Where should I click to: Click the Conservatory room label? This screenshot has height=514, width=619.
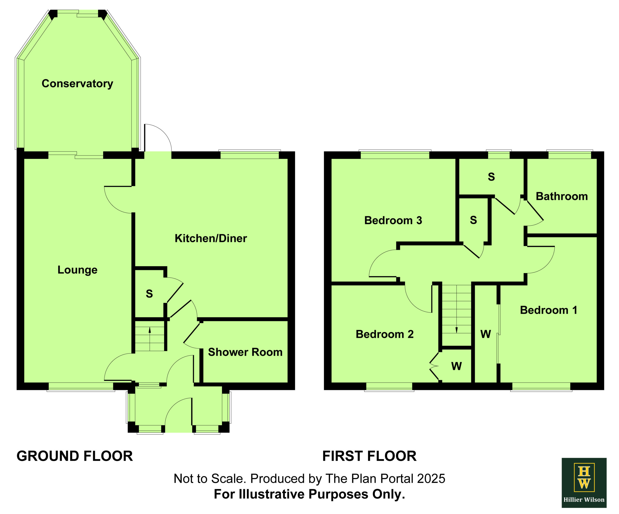tap(77, 84)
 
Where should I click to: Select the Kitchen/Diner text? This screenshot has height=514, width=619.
tap(211, 238)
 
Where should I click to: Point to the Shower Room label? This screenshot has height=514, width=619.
tap(245, 352)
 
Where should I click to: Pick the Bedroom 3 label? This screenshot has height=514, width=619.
tap(393, 220)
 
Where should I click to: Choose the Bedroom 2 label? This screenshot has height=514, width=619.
tap(385, 334)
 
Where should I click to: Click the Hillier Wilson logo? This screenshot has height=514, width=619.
tap(584, 483)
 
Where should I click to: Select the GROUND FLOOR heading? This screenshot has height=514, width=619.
tap(74, 456)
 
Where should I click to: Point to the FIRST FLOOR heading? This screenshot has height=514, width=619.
tap(369, 456)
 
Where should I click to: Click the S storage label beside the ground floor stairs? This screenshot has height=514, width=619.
tap(149, 294)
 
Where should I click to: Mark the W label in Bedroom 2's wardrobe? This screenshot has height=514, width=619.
tap(456, 366)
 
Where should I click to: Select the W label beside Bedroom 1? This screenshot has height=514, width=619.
tap(486, 334)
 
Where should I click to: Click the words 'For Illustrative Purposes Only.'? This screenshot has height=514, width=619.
tap(309, 494)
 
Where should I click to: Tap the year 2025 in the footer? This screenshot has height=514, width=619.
tap(432, 479)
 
